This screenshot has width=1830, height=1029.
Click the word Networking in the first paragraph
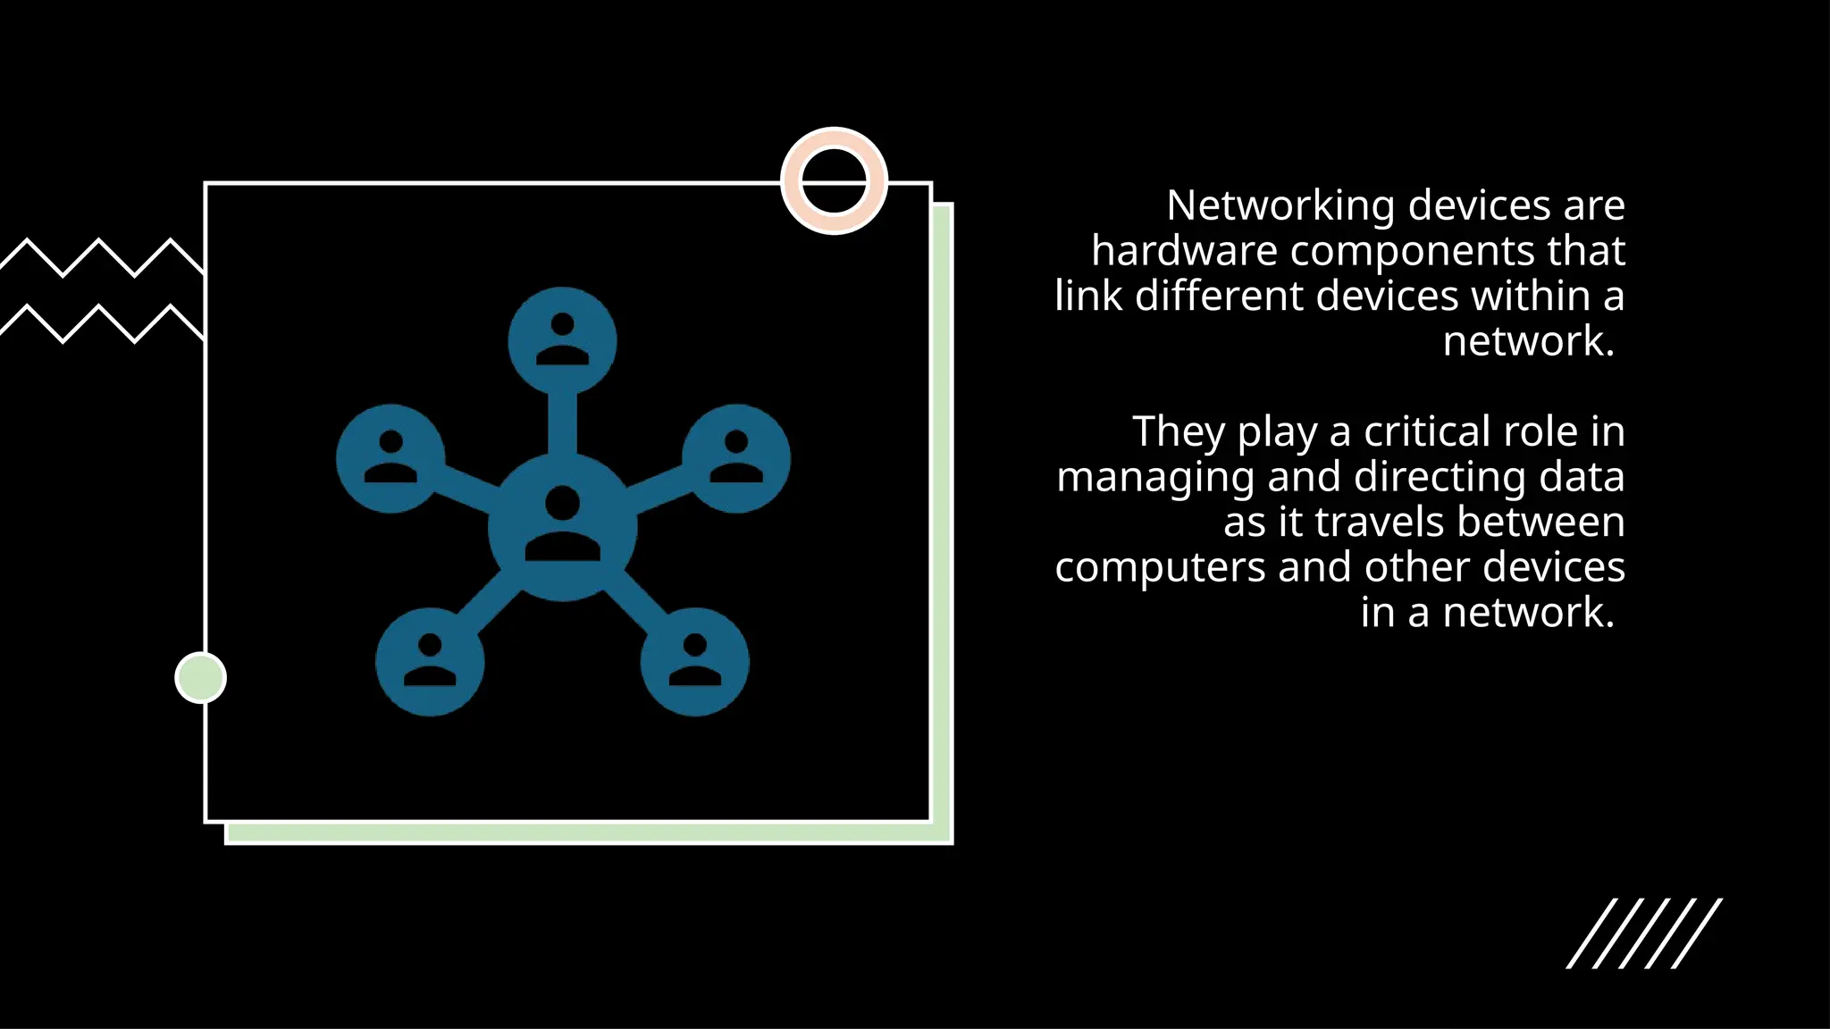click(x=1280, y=206)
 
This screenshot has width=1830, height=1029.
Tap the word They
click(x=1178, y=432)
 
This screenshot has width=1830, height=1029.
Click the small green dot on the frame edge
click(x=200, y=678)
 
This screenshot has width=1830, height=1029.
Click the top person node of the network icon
click(x=562, y=340)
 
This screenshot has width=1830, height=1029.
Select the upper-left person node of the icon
click(x=390, y=458)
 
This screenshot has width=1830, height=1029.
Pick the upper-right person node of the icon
click(x=736, y=458)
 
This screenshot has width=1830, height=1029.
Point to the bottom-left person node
click(x=430, y=662)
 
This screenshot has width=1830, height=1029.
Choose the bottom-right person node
click(x=694, y=662)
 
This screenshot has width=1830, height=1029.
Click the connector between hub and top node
click(x=562, y=422)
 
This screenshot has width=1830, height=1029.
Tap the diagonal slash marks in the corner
click(x=1644, y=933)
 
